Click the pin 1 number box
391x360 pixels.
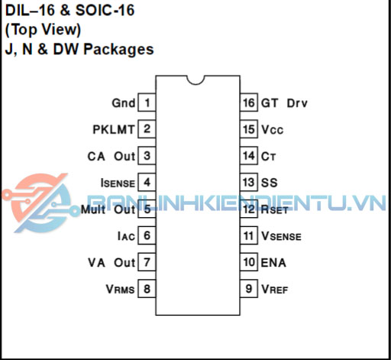pyautogui.click(x=147, y=102)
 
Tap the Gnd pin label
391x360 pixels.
pyautogui.click(x=124, y=103)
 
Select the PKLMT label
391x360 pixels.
pyautogui.click(x=114, y=130)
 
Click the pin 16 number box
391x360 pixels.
pyautogui.click(x=249, y=102)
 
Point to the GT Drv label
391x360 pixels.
pyautogui.click(x=284, y=103)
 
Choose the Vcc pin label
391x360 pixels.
pyautogui.click(x=272, y=130)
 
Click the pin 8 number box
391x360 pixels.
pyautogui.click(x=147, y=289)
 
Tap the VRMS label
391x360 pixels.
pyautogui.click(x=120, y=290)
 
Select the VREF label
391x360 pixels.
pyautogui.click(x=275, y=290)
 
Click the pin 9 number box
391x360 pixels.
pyautogui.click(x=249, y=289)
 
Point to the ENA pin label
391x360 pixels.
pyautogui.click(x=273, y=263)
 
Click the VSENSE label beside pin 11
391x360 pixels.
pyautogui.click(x=281, y=236)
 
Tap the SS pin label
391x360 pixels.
pyautogui.click(x=270, y=183)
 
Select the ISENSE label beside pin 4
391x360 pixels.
pyautogui.click(x=118, y=183)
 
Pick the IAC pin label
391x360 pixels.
pyautogui.click(x=126, y=236)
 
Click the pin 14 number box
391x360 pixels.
pyautogui.click(x=249, y=155)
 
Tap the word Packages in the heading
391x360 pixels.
pyautogui.click(x=118, y=49)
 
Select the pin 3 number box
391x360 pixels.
pyautogui.click(x=147, y=155)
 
